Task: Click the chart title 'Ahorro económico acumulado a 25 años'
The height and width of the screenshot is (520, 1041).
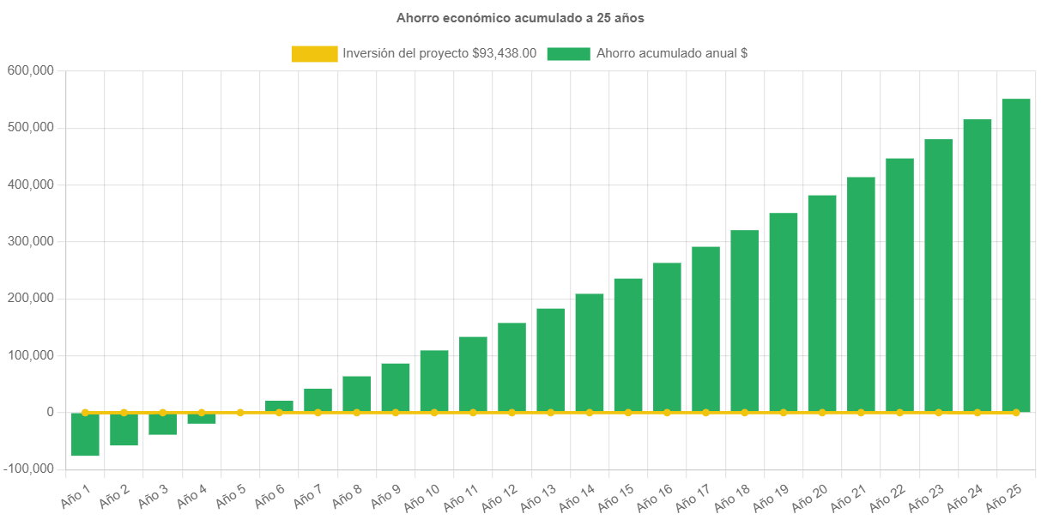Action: (x=520, y=17)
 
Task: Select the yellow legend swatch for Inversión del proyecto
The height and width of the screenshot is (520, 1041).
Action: (x=314, y=54)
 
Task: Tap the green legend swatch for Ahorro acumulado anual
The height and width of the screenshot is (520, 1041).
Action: (x=568, y=54)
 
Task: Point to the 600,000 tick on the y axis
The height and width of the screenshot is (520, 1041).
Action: (x=31, y=70)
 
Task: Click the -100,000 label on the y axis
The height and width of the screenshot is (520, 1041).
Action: (x=27, y=469)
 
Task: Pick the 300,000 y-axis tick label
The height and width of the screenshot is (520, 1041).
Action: (x=31, y=241)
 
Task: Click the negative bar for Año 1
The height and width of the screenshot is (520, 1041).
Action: (x=85, y=434)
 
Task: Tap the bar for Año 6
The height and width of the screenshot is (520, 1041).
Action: (x=279, y=406)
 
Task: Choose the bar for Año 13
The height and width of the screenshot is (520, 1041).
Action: (x=551, y=360)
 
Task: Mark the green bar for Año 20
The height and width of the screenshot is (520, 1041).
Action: (x=822, y=304)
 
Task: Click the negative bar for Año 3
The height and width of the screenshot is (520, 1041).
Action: (x=163, y=424)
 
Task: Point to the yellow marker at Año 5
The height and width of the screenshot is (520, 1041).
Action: (x=240, y=413)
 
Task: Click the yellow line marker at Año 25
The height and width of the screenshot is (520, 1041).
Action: (x=1016, y=413)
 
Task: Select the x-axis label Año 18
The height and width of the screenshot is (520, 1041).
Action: (x=732, y=496)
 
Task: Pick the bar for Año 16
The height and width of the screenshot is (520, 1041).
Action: (x=667, y=337)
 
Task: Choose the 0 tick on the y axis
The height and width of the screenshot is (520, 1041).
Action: (x=51, y=412)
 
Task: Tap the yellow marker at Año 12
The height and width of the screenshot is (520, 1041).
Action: (x=511, y=413)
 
